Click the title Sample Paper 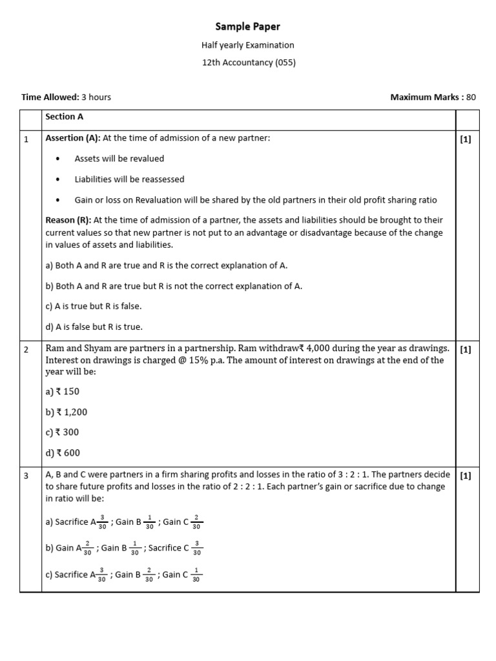(x=248, y=26)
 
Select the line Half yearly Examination (x=248, y=45)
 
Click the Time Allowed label (x=50, y=97)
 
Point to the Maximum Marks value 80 (x=471, y=97)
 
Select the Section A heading (x=64, y=117)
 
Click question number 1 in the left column (x=26, y=139)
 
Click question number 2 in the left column (x=26, y=350)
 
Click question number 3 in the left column (x=26, y=476)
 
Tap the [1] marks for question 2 (x=466, y=350)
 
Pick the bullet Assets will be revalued (x=119, y=159)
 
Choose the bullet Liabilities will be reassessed (x=129, y=179)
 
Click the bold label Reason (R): (x=68, y=221)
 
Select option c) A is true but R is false (x=93, y=306)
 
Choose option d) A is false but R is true (x=94, y=327)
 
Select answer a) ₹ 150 (x=63, y=391)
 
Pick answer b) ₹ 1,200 (x=67, y=412)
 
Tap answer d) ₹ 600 (x=63, y=453)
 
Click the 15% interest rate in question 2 (x=200, y=360)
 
